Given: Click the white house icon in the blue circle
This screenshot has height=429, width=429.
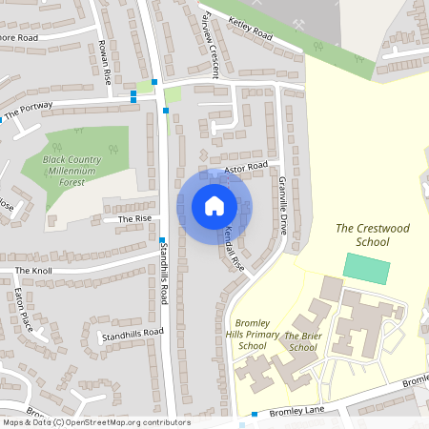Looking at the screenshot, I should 214,206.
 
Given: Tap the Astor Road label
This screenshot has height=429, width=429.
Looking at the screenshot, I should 246,168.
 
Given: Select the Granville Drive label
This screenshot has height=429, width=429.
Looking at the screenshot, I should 282,206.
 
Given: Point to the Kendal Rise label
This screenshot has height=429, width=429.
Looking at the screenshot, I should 235,250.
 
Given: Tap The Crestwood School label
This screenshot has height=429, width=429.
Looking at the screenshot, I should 366,235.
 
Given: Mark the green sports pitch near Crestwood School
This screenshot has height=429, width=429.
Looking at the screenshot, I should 367,269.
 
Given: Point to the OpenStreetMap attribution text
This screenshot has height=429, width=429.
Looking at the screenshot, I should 95,422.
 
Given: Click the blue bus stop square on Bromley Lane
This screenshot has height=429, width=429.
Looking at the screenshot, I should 255,415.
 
